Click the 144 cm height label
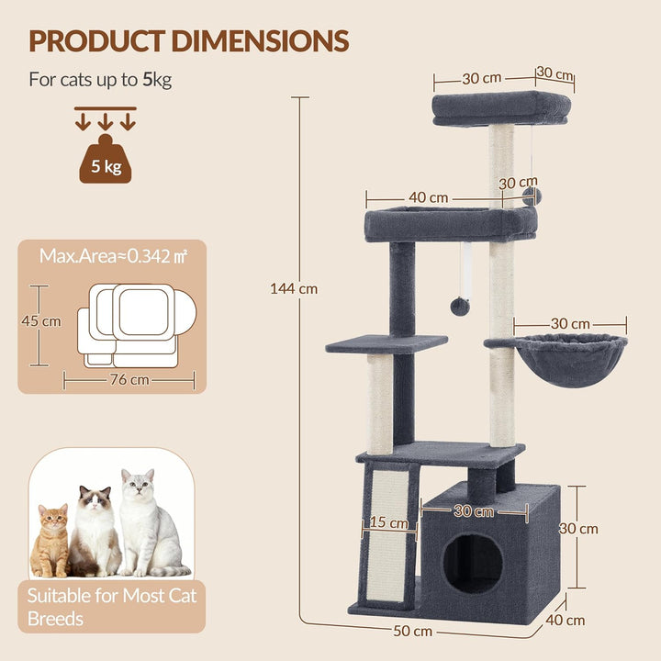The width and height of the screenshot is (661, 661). coord(294,289)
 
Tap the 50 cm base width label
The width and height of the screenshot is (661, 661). coord(413,631)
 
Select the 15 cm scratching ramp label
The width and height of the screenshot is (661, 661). coord(388,522)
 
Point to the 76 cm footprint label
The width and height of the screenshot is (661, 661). coord(129,379)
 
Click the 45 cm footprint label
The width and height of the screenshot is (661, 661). coord(41,320)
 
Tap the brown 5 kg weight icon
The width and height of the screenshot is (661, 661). coord(106,159)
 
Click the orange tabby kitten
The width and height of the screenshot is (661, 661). coord(50,541)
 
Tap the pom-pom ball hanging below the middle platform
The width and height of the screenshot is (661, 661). coord(460,307)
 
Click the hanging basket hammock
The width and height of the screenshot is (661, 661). coord(570,359)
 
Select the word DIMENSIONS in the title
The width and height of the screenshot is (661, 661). coord(260,41)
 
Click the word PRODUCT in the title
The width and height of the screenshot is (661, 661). coord(96,41)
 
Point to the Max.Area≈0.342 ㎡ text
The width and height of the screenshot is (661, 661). coord(113,256)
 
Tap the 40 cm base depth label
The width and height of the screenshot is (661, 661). coord(566,620)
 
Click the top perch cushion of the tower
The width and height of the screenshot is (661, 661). coord(501,108)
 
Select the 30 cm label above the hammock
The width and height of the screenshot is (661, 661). coord(570,323)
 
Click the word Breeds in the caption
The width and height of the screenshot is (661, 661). coord(55,619)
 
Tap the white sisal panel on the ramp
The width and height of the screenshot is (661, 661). coord(387,535)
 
